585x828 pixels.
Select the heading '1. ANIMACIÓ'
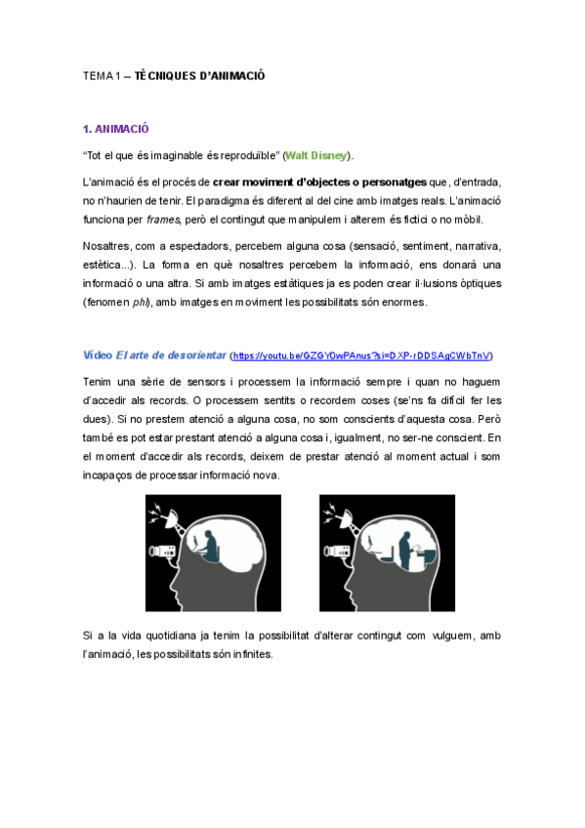116,129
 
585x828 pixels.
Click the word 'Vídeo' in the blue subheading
98,355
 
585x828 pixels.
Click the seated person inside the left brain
208,542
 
